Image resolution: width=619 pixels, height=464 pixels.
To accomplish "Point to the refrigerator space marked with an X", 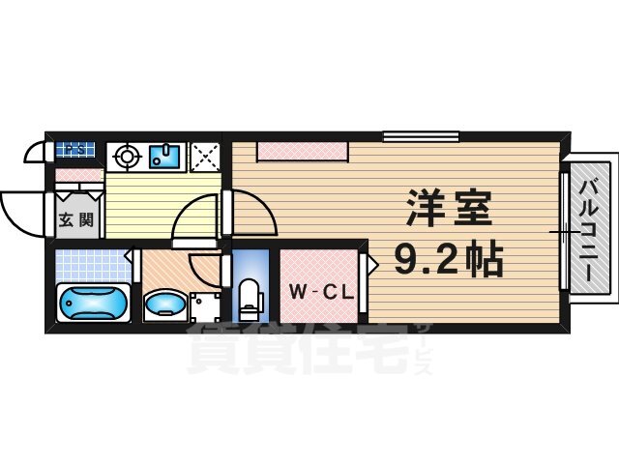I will coord(205,157).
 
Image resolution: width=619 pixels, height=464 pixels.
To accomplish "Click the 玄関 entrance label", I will coord(75,218).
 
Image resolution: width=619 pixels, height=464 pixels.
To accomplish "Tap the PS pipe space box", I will coord(76,151).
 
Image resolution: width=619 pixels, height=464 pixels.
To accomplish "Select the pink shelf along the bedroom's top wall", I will coord(302,152).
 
